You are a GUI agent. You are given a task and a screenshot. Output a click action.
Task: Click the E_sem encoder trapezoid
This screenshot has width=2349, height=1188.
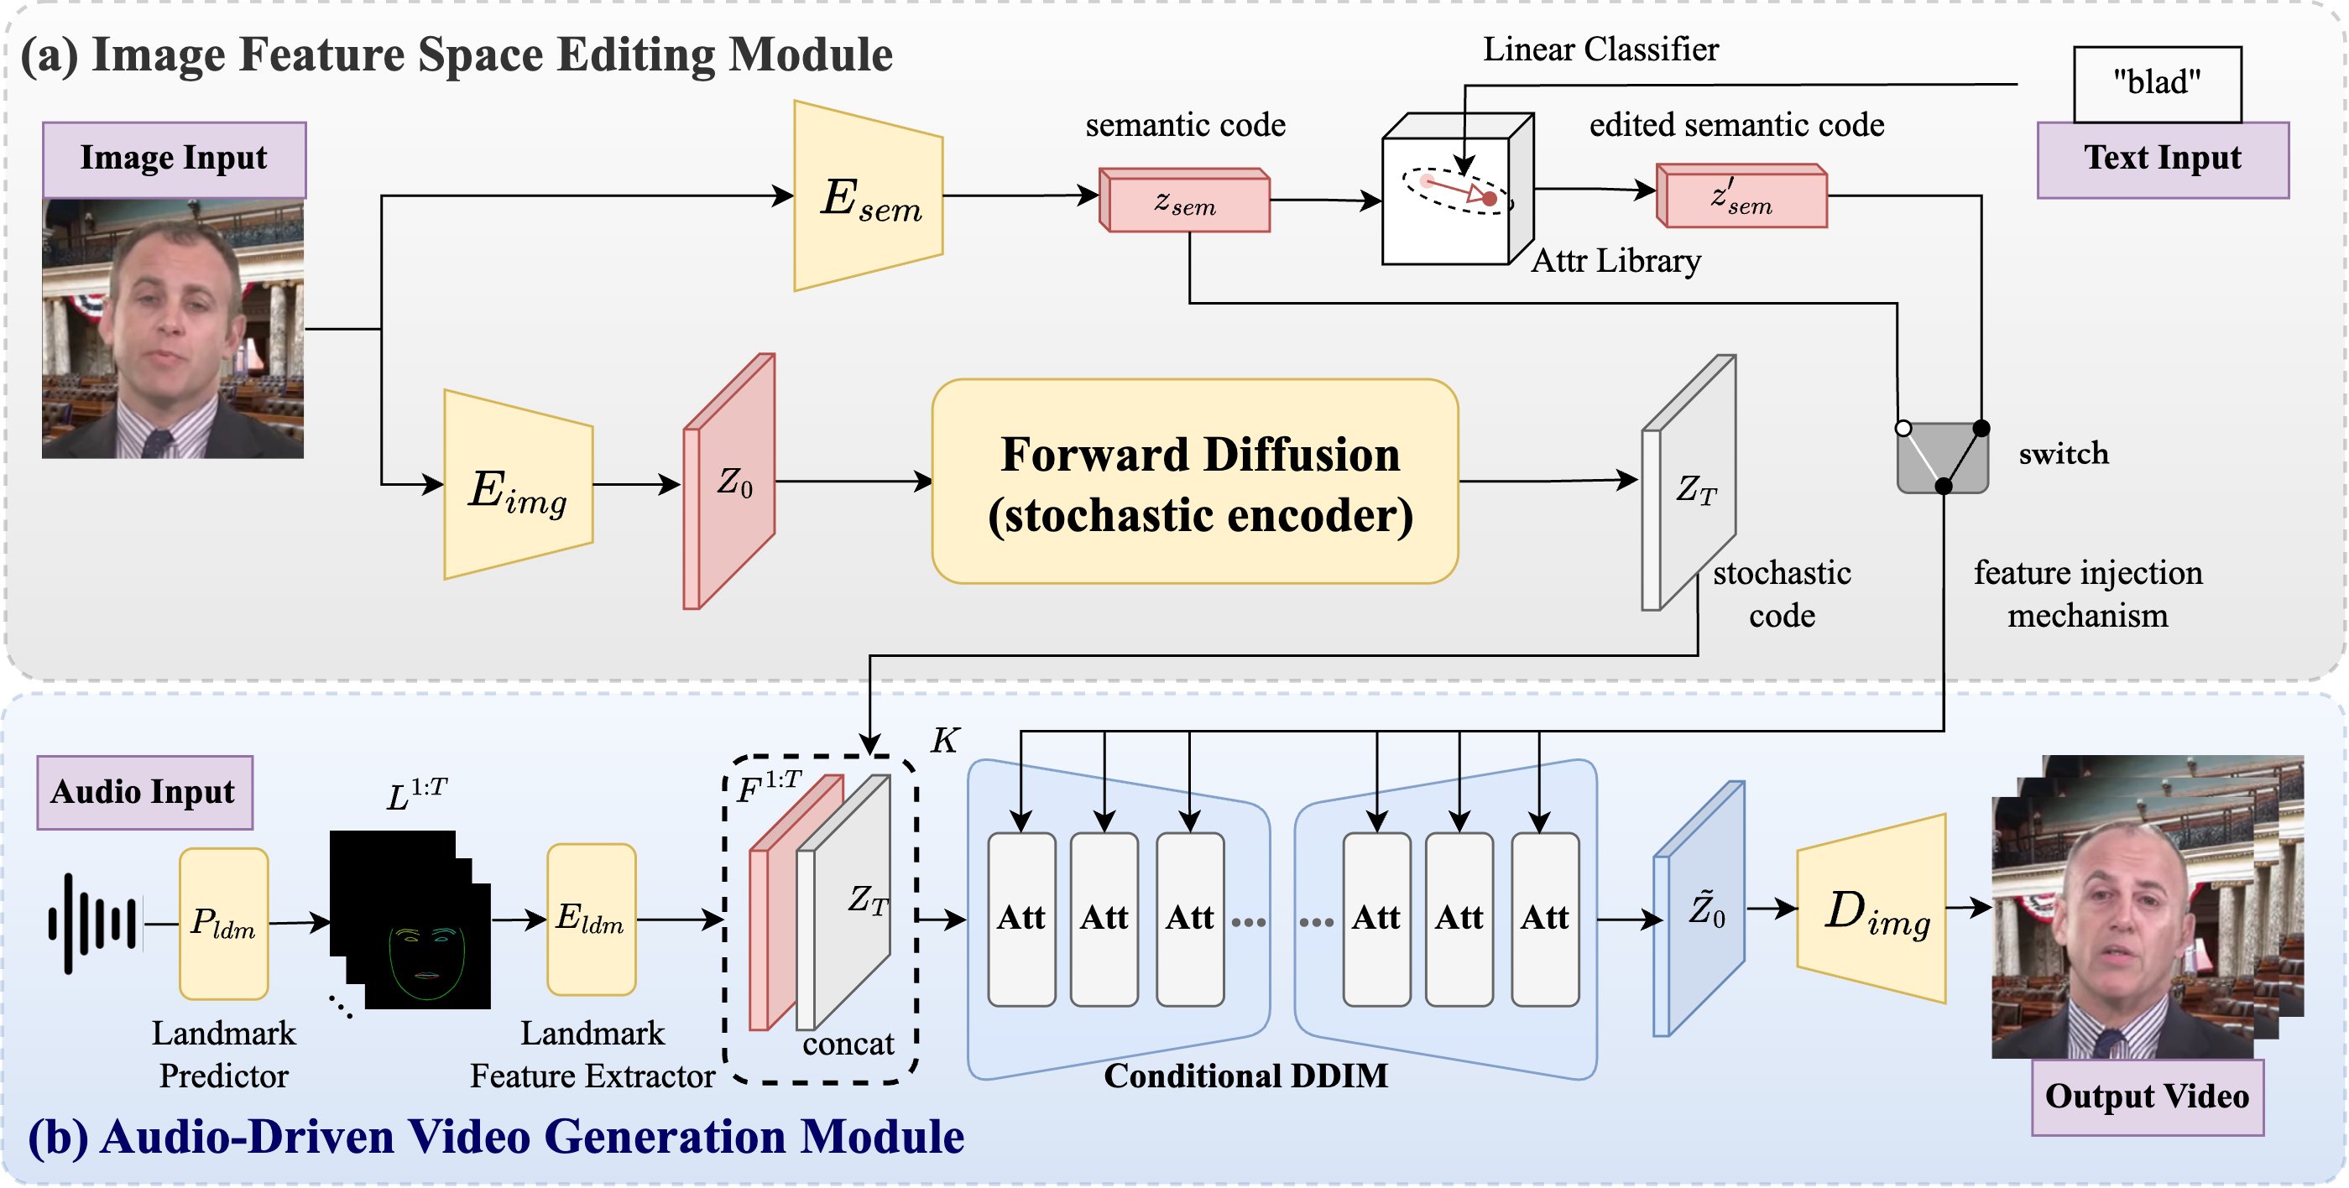(x=868, y=196)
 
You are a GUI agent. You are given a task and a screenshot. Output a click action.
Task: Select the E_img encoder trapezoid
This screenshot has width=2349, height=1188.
(x=518, y=484)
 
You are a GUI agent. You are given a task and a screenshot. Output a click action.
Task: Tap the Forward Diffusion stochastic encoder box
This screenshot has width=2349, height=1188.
(x=1194, y=482)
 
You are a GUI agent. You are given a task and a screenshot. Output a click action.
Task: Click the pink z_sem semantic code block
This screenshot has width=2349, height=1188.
(x=1184, y=200)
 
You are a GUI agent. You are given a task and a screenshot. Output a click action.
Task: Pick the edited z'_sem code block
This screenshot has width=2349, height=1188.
(x=1741, y=195)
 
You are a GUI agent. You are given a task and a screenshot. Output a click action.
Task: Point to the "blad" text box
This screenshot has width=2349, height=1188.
(x=2158, y=84)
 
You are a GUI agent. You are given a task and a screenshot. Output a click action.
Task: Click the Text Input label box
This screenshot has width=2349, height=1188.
(x=2163, y=159)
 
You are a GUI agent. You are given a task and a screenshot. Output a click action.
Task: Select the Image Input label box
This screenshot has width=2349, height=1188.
(x=175, y=159)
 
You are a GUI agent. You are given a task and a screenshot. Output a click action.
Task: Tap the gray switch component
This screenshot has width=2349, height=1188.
(x=1942, y=458)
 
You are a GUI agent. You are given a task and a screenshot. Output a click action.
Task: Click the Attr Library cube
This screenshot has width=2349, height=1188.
(x=1457, y=189)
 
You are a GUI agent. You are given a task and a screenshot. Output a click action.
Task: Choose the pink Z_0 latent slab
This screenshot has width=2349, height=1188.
(x=729, y=482)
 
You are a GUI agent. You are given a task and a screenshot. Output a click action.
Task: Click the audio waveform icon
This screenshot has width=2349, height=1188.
(x=93, y=924)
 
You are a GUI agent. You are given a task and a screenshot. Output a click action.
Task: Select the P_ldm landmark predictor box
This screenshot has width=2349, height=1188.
(x=223, y=924)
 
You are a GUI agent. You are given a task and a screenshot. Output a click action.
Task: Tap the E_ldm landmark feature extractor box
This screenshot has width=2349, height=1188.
(x=591, y=919)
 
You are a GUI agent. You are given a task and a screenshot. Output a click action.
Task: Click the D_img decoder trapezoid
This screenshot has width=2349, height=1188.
(x=1871, y=909)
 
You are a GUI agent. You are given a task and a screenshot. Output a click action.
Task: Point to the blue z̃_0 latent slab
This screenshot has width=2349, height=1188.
(x=1699, y=909)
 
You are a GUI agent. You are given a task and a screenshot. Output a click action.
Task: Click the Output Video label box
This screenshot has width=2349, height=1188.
(x=2148, y=1097)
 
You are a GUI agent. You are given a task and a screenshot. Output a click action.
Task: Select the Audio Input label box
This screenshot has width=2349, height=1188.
(x=145, y=792)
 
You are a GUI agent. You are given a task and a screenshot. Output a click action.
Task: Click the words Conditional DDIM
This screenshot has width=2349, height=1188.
(x=1245, y=1076)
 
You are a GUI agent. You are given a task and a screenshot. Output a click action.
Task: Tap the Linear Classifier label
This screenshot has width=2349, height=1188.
(x=1600, y=49)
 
